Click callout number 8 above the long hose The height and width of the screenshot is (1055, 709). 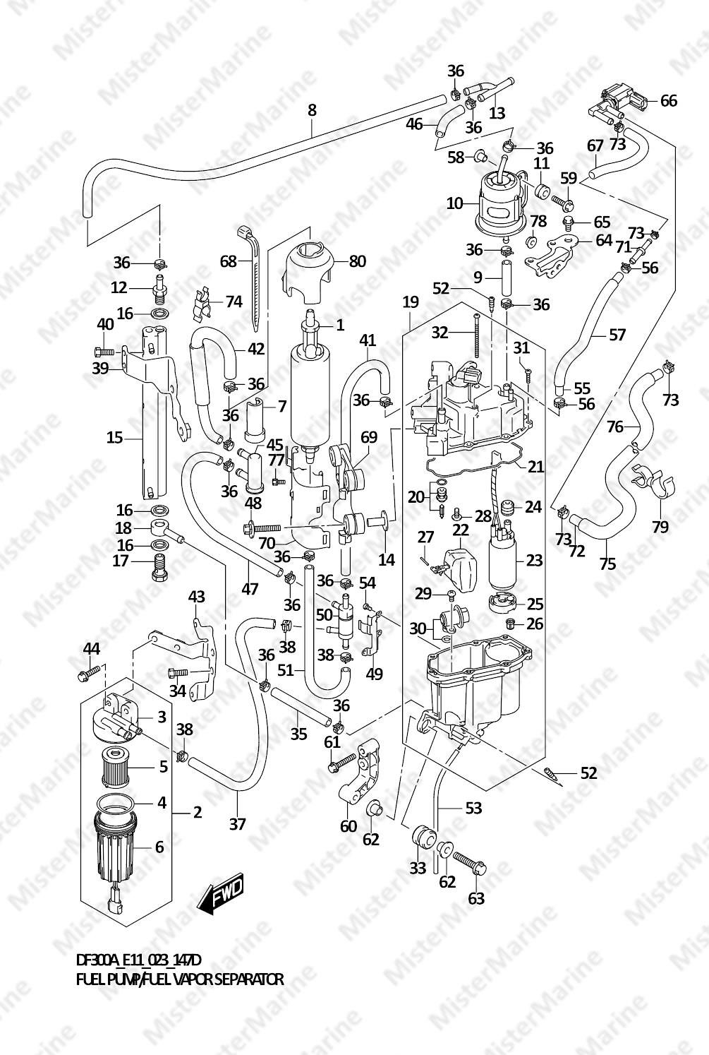[x=312, y=111]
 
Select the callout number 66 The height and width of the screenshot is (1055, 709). [x=667, y=100]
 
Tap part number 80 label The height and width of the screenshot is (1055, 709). [x=357, y=261]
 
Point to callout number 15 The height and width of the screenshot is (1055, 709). [x=114, y=438]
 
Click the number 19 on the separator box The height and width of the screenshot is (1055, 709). [x=411, y=302]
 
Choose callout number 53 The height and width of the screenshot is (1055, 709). [x=473, y=806]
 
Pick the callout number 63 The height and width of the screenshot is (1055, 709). [x=476, y=898]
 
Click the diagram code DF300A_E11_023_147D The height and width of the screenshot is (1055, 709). [x=138, y=960]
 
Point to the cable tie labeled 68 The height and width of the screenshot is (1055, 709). [x=252, y=275]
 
